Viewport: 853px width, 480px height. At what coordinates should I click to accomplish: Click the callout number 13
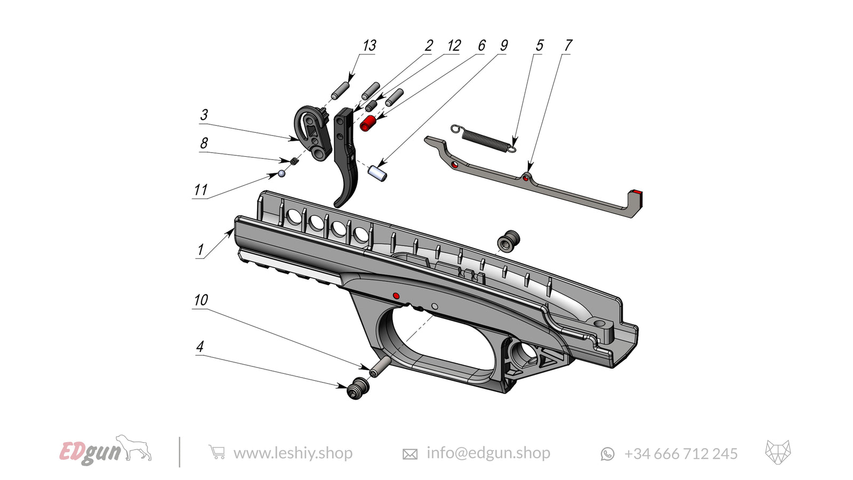[369, 46]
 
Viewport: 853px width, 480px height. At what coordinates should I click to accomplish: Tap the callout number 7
[568, 46]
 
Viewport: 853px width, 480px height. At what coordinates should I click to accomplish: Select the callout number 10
[200, 300]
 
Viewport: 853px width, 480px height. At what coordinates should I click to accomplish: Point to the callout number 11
[200, 190]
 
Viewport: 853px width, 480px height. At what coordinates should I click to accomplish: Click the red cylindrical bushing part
[367, 123]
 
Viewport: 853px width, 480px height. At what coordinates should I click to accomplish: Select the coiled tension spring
[484, 138]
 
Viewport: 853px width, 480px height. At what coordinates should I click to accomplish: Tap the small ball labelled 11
[282, 173]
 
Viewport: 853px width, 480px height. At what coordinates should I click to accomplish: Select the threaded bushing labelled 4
[358, 389]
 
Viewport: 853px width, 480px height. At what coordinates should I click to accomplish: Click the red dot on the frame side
[396, 295]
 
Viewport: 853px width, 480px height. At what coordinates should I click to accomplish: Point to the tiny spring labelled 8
[294, 161]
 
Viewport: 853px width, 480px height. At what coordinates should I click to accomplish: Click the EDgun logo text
[91, 452]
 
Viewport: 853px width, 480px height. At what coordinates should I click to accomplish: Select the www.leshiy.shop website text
[293, 453]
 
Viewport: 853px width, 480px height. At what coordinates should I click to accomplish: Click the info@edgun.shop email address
[488, 453]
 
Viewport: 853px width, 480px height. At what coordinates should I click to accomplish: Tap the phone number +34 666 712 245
[680, 454]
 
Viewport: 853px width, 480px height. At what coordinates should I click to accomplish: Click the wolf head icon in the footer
[778, 452]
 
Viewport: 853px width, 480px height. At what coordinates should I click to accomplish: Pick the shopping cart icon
[216, 452]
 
